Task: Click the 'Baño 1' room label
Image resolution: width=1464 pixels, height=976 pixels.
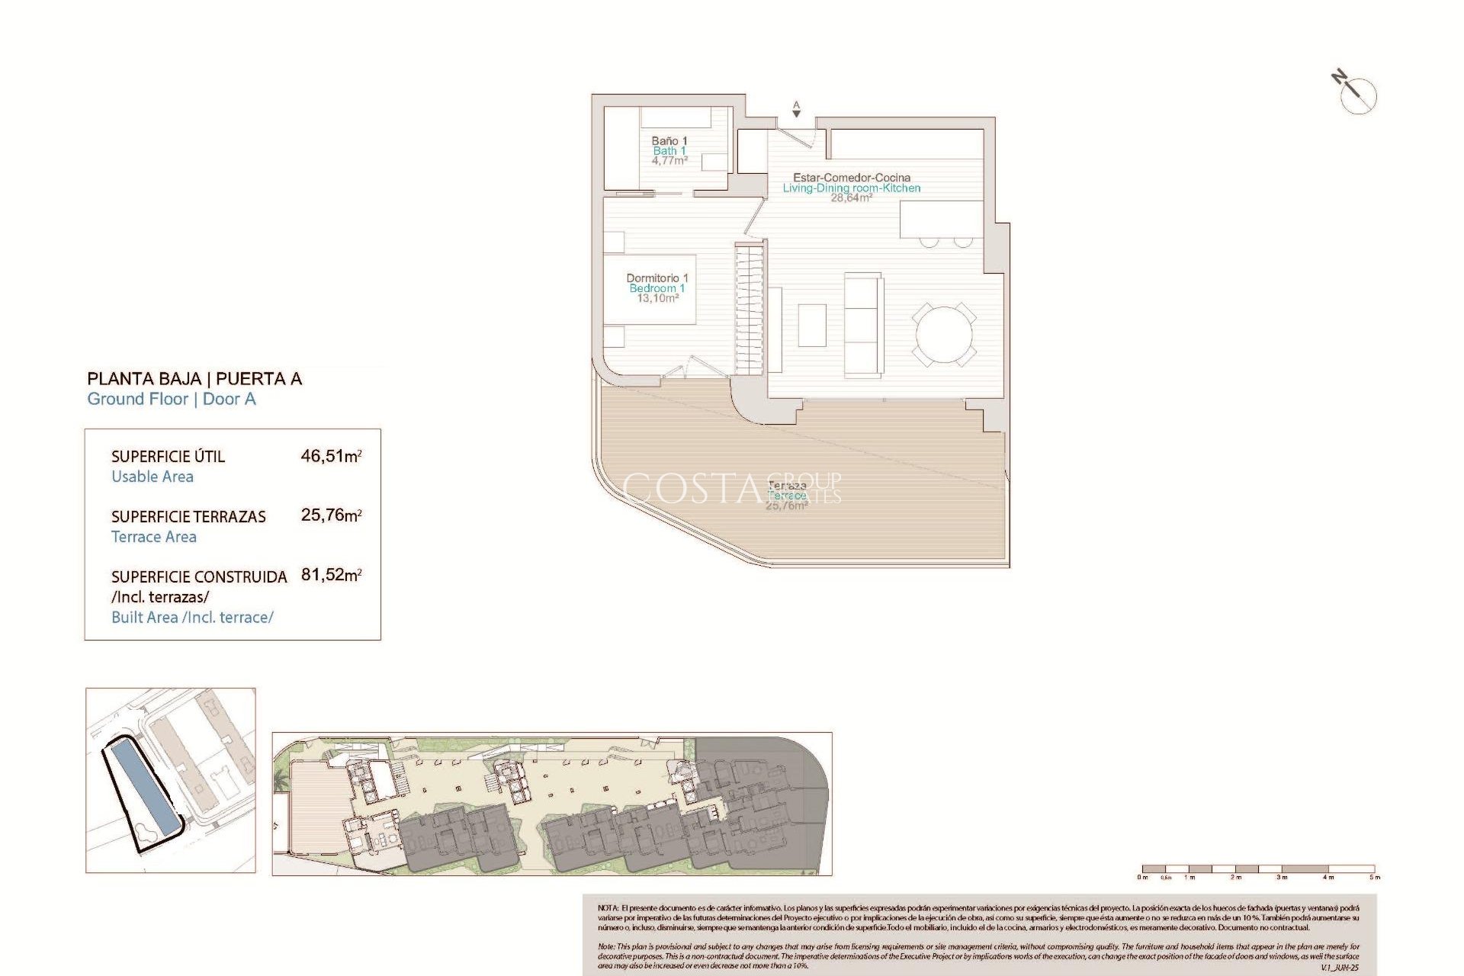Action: click(x=669, y=141)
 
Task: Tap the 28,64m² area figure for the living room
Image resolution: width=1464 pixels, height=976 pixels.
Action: click(x=851, y=198)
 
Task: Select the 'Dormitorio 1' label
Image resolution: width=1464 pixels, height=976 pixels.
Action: click(x=657, y=278)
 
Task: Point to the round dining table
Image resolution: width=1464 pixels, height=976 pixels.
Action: click(x=944, y=335)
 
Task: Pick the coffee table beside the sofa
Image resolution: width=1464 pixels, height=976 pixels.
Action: click(x=812, y=325)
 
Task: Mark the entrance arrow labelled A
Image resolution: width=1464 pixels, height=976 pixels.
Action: click(x=796, y=110)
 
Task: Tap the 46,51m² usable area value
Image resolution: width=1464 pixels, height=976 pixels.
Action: click(x=331, y=456)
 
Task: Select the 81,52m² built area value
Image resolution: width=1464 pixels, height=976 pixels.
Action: click(x=331, y=575)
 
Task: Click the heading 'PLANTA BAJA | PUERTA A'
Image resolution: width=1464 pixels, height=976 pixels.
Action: click(x=194, y=379)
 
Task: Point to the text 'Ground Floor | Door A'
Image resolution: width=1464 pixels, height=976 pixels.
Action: click(x=172, y=399)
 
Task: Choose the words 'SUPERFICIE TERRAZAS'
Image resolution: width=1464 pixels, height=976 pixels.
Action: click(x=188, y=517)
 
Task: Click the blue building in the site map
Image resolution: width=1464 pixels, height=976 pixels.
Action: click(x=144, y=788)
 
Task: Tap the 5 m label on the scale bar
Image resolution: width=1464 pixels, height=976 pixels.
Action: click(x=1374, y=878)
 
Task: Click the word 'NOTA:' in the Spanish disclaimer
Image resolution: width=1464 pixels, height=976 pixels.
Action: click(x=608, y=908)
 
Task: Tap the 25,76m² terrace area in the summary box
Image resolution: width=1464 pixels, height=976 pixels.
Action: click(x=331, y=515)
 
